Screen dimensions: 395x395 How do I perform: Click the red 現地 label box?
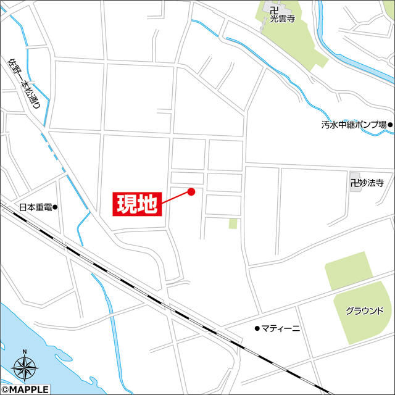pyautogui.click(x=136, y=204)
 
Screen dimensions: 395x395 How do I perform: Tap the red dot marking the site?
pyautogui.click(x=191, y=191)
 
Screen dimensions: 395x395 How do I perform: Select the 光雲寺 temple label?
pyautogui.click(x=283, y=19)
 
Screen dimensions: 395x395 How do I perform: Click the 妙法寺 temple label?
pyautogui.click(x=371, y=183)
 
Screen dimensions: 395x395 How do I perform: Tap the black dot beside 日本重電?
pyautogui.click(x=55, y=207)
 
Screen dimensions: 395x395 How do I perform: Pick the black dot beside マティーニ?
pyautogui.click(x=257, y=328)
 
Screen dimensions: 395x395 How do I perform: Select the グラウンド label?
pyautogui.click(x=365, y=310)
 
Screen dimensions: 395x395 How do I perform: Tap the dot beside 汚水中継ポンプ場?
pyautogui.click(x=390, y=125)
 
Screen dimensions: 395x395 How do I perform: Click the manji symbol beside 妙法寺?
pyautogui.click(x=354, y=183)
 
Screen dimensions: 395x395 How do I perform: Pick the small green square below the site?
pyautogui.click(x=233, y=223)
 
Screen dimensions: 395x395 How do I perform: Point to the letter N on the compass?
pyautogui.click(x=25, y=353)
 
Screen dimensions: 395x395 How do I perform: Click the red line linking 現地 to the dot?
pyautogui.click(x=176, y=197)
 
